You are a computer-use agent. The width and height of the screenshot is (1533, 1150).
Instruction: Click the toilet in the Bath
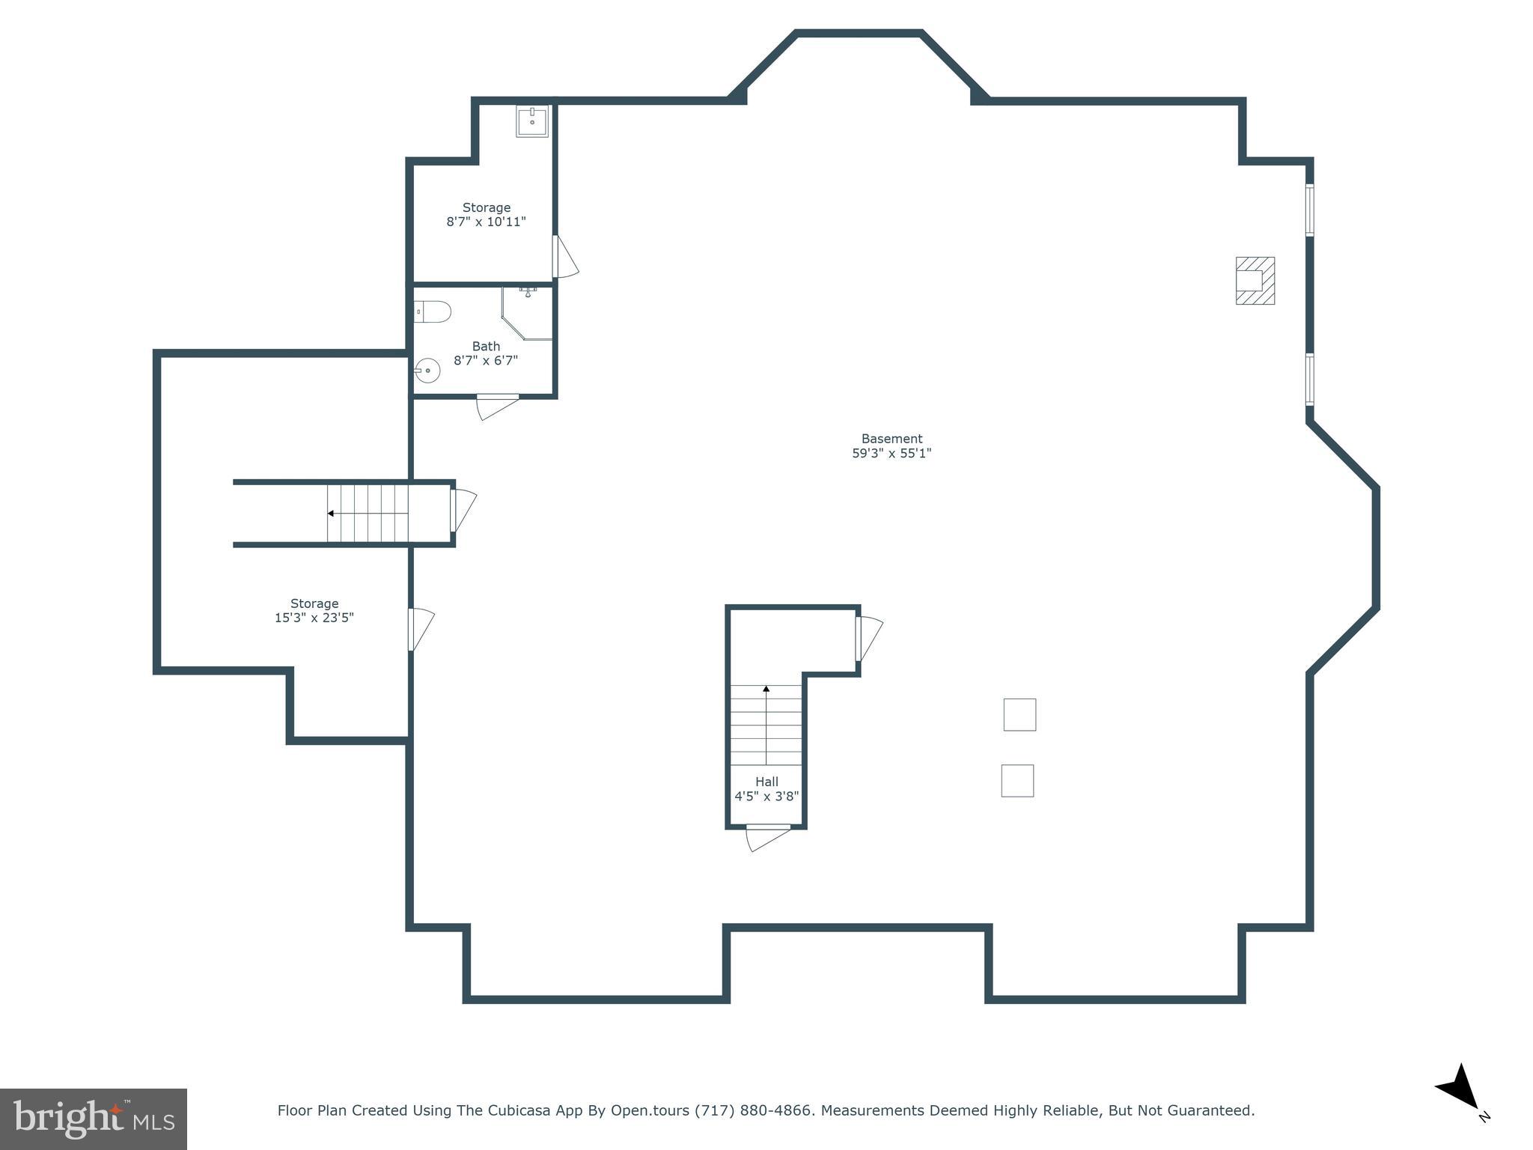coord(433,311)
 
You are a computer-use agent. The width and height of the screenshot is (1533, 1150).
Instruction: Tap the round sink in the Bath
coord(427,371)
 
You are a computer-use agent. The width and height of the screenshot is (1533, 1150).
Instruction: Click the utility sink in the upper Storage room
coord(532,121)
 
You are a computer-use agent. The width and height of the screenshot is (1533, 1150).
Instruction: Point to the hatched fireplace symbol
coord(1255,281)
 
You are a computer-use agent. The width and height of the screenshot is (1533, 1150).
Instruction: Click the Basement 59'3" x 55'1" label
coord(892,446)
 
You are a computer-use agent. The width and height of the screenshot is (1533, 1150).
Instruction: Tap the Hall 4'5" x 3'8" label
coord(766,789)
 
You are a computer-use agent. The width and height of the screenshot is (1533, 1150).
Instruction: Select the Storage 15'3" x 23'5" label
coord(314,610)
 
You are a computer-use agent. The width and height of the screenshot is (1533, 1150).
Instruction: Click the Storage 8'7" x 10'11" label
coord(487,215)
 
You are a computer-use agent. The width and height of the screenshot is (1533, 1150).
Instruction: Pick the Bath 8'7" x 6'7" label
coord(486,353)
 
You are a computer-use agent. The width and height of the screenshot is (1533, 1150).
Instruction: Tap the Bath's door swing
coord(496,407)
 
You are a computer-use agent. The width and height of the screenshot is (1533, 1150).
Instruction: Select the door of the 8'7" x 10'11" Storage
coord(565,258)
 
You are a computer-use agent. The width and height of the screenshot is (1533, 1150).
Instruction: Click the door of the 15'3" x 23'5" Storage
coord(421,629)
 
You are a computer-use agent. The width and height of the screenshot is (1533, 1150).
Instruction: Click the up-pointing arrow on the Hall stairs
coord(766,689)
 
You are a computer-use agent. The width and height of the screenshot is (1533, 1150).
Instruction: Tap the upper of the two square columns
coord(1020,714)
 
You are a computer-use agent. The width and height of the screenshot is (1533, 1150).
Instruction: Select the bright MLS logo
coord(94,1119)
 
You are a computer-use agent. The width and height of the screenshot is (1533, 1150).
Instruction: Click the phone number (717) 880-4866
coord(753,1110)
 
